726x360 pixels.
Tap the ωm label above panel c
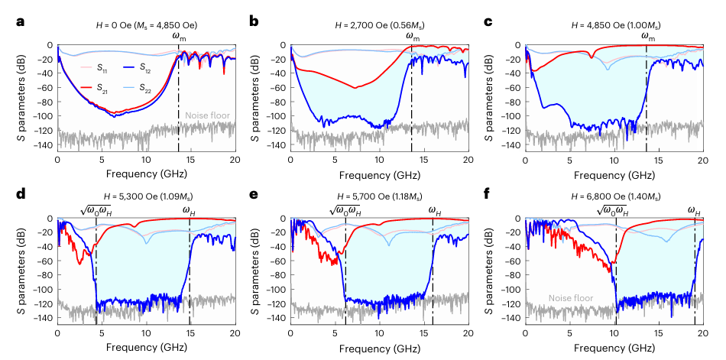click(x=648, y=36)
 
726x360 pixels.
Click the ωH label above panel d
click(x=189, y=209)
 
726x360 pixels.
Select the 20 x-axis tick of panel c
click(x=703, y=160)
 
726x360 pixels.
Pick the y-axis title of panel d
click(x=17, y=268)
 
